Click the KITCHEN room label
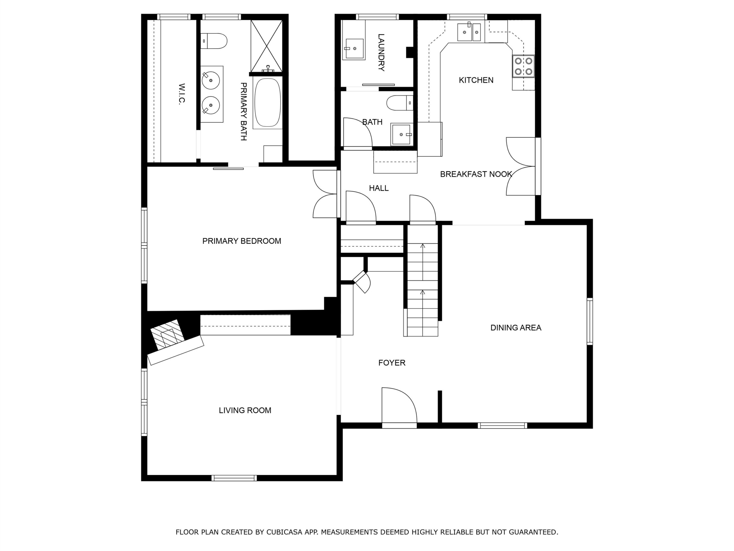(476, 80)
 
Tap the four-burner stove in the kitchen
(523, 66)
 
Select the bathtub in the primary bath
(268, 102)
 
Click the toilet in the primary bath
(214, 41)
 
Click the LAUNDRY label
(381, 53)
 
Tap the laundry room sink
(354, 49)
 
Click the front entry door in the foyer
(399, 408)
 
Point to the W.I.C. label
(181, 94)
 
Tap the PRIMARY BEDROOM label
(242, 241)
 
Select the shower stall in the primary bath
(266, 46)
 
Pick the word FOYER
(392, 363)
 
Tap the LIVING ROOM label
(245, 410)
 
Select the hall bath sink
(402, 135)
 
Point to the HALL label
(379, 188)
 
